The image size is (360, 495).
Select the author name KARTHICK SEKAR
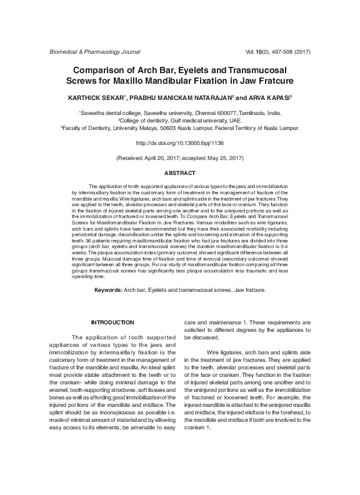[x=96, y=98]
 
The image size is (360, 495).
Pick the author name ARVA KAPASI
[x=261, y=98]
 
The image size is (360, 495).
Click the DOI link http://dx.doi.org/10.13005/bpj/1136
[x=179, y=143]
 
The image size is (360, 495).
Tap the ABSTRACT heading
[x=179, y=172]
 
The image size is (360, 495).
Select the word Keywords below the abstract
[x=107, y=291]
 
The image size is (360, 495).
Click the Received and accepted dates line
[x=179, y=157]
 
